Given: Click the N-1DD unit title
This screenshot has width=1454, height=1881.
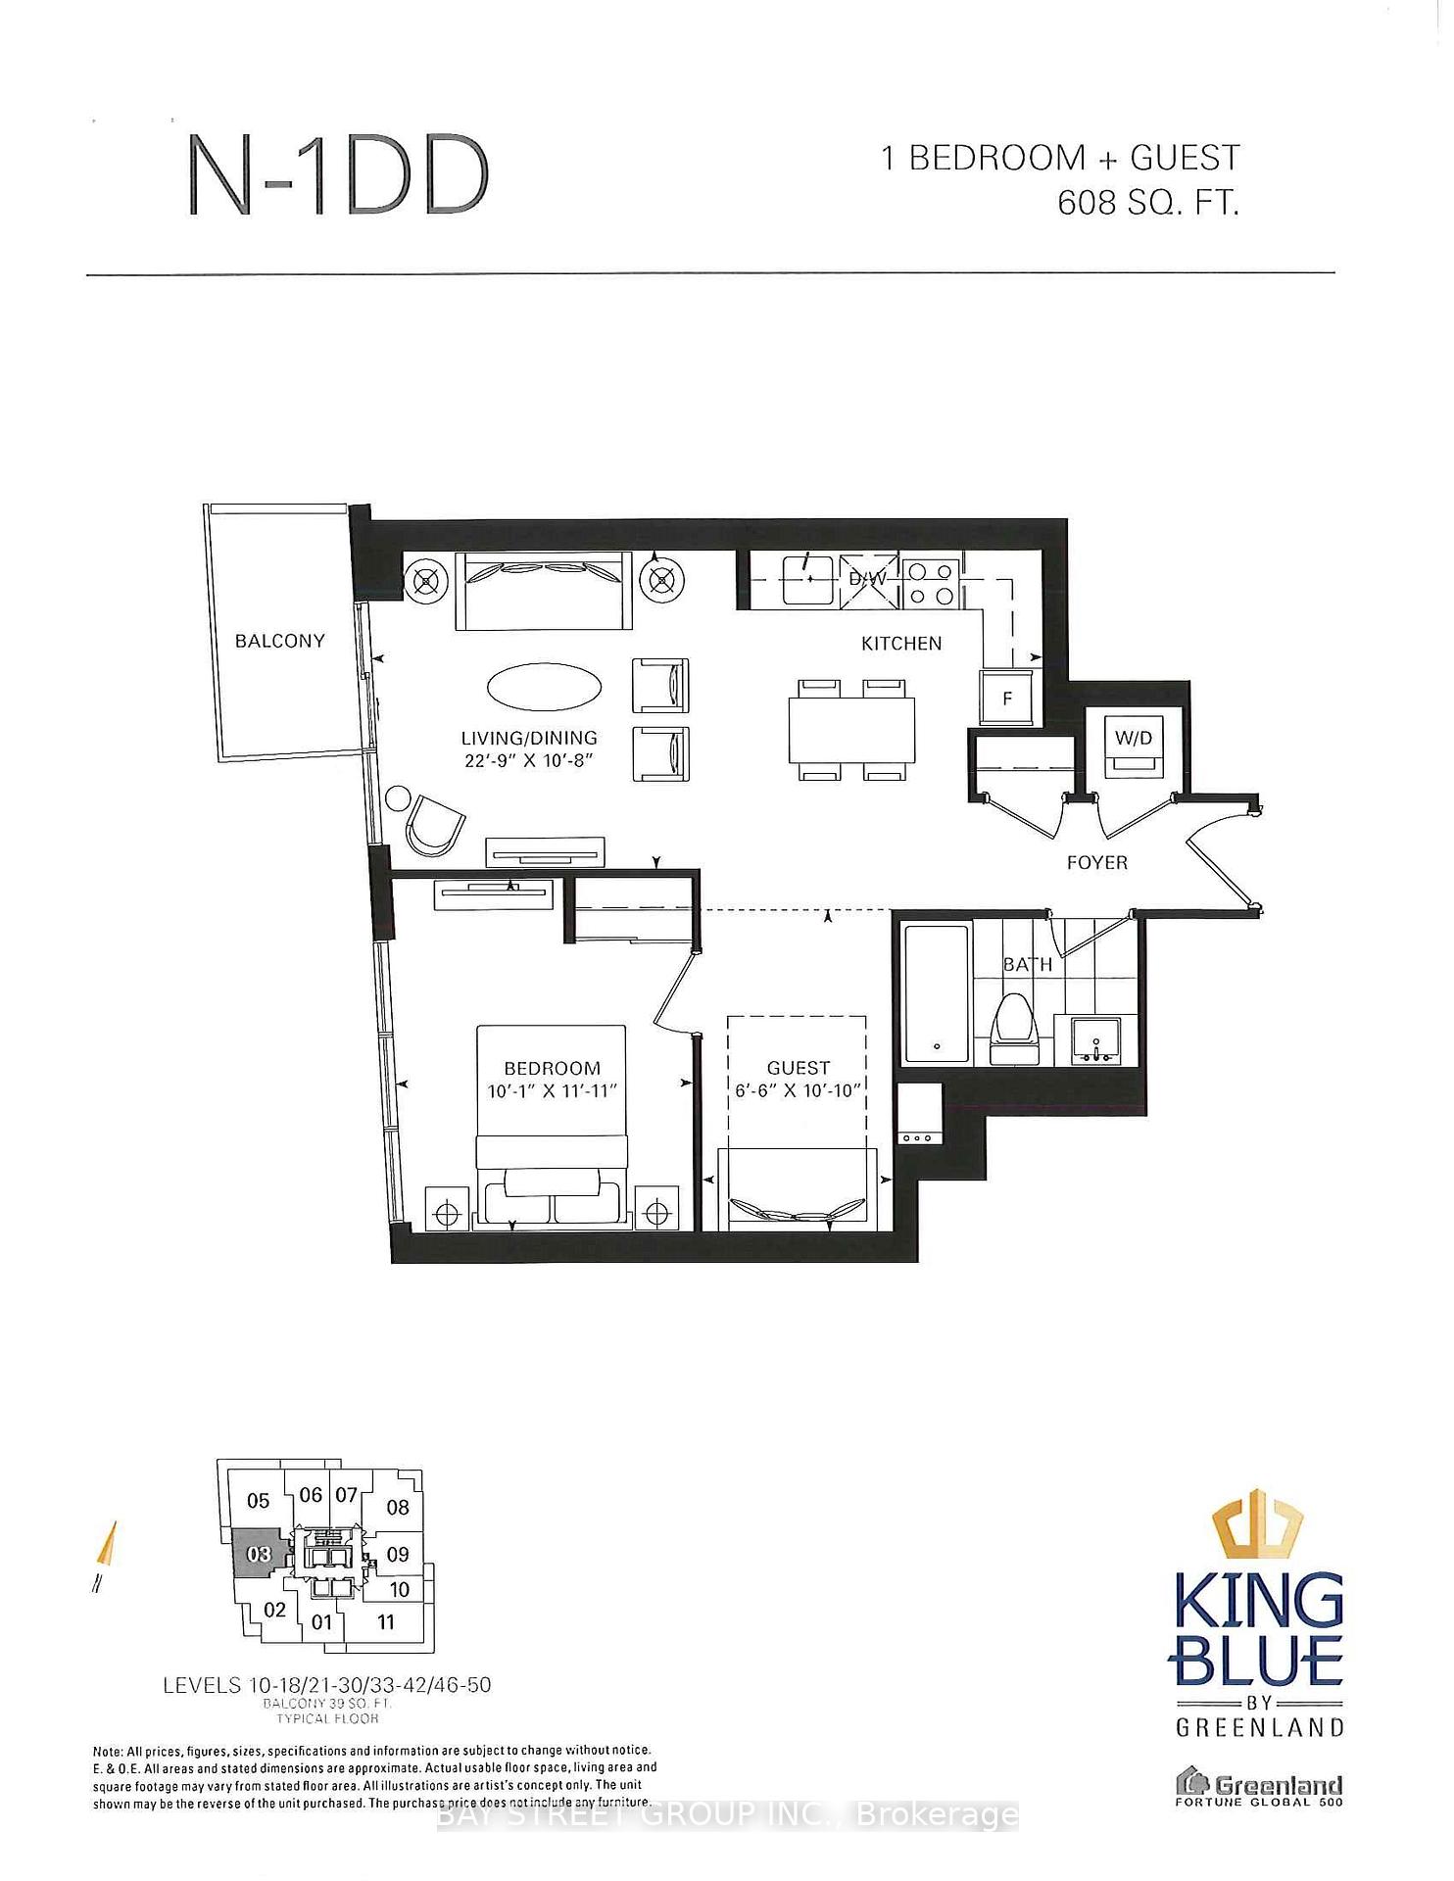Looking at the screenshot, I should (338, 176).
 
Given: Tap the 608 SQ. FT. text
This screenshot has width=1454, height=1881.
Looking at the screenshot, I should (1148, 203).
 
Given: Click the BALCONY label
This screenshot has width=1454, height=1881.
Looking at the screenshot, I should (279, 641).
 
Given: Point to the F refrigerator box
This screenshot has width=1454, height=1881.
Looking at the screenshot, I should (1007, 699).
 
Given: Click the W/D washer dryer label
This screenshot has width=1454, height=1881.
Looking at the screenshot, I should (1134, 738).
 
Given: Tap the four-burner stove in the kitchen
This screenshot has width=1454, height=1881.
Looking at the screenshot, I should (930, 583).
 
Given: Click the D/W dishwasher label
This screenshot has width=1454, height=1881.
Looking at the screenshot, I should (867, 579).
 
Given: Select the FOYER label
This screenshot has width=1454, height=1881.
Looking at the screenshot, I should (1096, 863).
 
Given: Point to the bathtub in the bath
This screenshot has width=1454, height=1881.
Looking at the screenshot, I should (937, 991).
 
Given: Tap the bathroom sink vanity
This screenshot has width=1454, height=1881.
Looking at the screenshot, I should (1096, 1040).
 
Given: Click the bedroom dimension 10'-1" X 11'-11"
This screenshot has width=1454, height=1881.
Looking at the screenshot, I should (552, 1091).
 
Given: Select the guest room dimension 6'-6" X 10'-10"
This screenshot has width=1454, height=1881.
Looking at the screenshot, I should (798, 1090).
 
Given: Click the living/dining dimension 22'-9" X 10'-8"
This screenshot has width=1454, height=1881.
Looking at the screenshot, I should (529, 760).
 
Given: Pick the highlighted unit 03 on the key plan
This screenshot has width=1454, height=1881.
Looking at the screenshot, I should (259, 1555).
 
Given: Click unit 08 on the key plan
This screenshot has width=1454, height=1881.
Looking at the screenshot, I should (397, 1508).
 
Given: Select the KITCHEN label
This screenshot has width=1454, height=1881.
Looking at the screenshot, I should (901, 644).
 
